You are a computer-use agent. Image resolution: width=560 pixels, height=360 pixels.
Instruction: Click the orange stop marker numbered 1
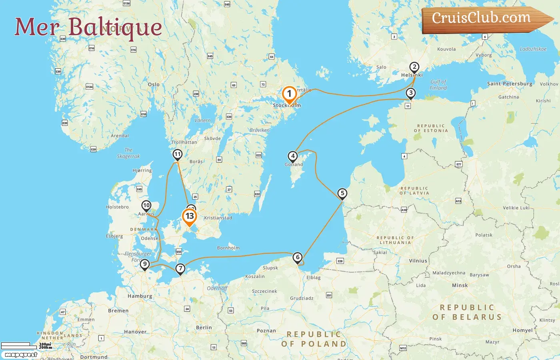[x=289, y=94]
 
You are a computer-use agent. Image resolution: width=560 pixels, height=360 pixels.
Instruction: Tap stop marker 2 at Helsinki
[x=414, y=67]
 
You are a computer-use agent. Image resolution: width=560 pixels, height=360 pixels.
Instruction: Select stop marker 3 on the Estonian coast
[x=410, y=93]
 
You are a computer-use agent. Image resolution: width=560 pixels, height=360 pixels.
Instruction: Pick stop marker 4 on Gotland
[x=293, y=156]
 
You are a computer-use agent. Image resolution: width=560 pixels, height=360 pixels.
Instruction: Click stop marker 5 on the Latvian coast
[x=342, y=194]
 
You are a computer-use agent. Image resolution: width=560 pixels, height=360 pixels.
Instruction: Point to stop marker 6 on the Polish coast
[x=297, y=257]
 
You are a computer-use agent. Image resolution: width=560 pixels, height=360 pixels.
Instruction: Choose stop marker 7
[x=180, y=268]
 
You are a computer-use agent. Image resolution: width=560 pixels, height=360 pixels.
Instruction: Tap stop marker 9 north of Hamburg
[x=145, y=264]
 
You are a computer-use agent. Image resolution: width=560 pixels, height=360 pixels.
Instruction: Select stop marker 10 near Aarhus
[x=146, y=206]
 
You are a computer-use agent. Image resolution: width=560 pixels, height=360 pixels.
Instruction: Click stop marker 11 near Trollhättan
[x=177, y=154]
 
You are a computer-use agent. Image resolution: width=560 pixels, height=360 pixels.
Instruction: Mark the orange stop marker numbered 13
[x=189, y=216]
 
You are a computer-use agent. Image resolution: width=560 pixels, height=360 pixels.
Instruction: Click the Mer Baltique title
[x=88, y=27]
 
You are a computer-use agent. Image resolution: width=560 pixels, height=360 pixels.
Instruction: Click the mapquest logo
[x=21, y=354]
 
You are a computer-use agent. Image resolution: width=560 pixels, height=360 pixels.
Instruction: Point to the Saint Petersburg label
[x=510, y=84]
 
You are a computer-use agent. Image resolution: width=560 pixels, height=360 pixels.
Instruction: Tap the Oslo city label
[x=154, y=84]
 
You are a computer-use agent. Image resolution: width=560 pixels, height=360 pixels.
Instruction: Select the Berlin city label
[x=204, y=327]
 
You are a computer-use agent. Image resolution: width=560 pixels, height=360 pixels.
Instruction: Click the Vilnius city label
[x=418, y=261]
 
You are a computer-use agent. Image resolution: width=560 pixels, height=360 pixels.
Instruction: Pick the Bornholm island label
[x=228, y=248]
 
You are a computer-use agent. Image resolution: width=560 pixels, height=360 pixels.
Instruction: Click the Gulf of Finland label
[x=438, y=85]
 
